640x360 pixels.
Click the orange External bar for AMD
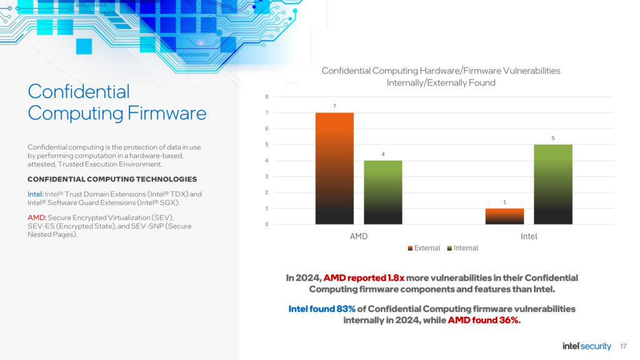click(334, 169)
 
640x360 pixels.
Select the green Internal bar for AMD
click(383, 192)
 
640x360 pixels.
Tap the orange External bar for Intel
click(504, 216)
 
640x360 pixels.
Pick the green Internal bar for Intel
click(553, 184)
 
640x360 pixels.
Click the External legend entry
click(424, 248)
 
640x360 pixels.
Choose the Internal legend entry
click(462, 248)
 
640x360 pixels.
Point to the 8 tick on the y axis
click(266, 97)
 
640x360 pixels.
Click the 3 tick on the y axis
click(266, 176)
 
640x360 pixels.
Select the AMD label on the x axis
click(359, 236)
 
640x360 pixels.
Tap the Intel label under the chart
click(529, 236)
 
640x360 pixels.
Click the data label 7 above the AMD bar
click(334, 106)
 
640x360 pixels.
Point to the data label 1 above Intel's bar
click(504, 202)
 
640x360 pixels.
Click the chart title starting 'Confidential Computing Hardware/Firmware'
click(441, 77)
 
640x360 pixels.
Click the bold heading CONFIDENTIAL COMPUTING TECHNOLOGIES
click(112, 179)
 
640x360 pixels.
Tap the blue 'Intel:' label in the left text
click(36, 194)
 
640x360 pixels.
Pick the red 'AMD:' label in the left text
click(37, 217)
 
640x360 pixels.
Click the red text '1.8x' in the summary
click(396, 278)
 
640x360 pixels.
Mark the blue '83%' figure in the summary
click(346, 309)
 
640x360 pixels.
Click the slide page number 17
click(623, 346)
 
